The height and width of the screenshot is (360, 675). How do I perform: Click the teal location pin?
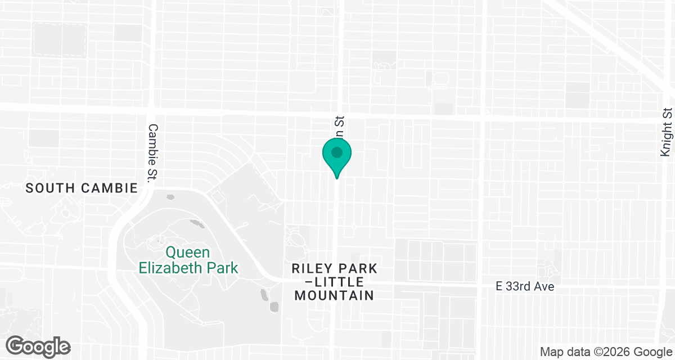[x=337, y=157]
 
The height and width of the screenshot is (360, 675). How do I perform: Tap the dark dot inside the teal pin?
[x=337, y=152]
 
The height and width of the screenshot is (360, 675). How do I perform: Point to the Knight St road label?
[x=667, y=133]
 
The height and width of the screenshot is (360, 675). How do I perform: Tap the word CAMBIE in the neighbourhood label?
[x=109, y=188]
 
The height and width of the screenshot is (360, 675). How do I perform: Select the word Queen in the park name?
[x=188, y=253]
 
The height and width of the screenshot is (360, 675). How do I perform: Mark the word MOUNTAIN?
[x=335, y=295]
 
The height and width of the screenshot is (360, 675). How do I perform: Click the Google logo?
[x=38, y=346]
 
